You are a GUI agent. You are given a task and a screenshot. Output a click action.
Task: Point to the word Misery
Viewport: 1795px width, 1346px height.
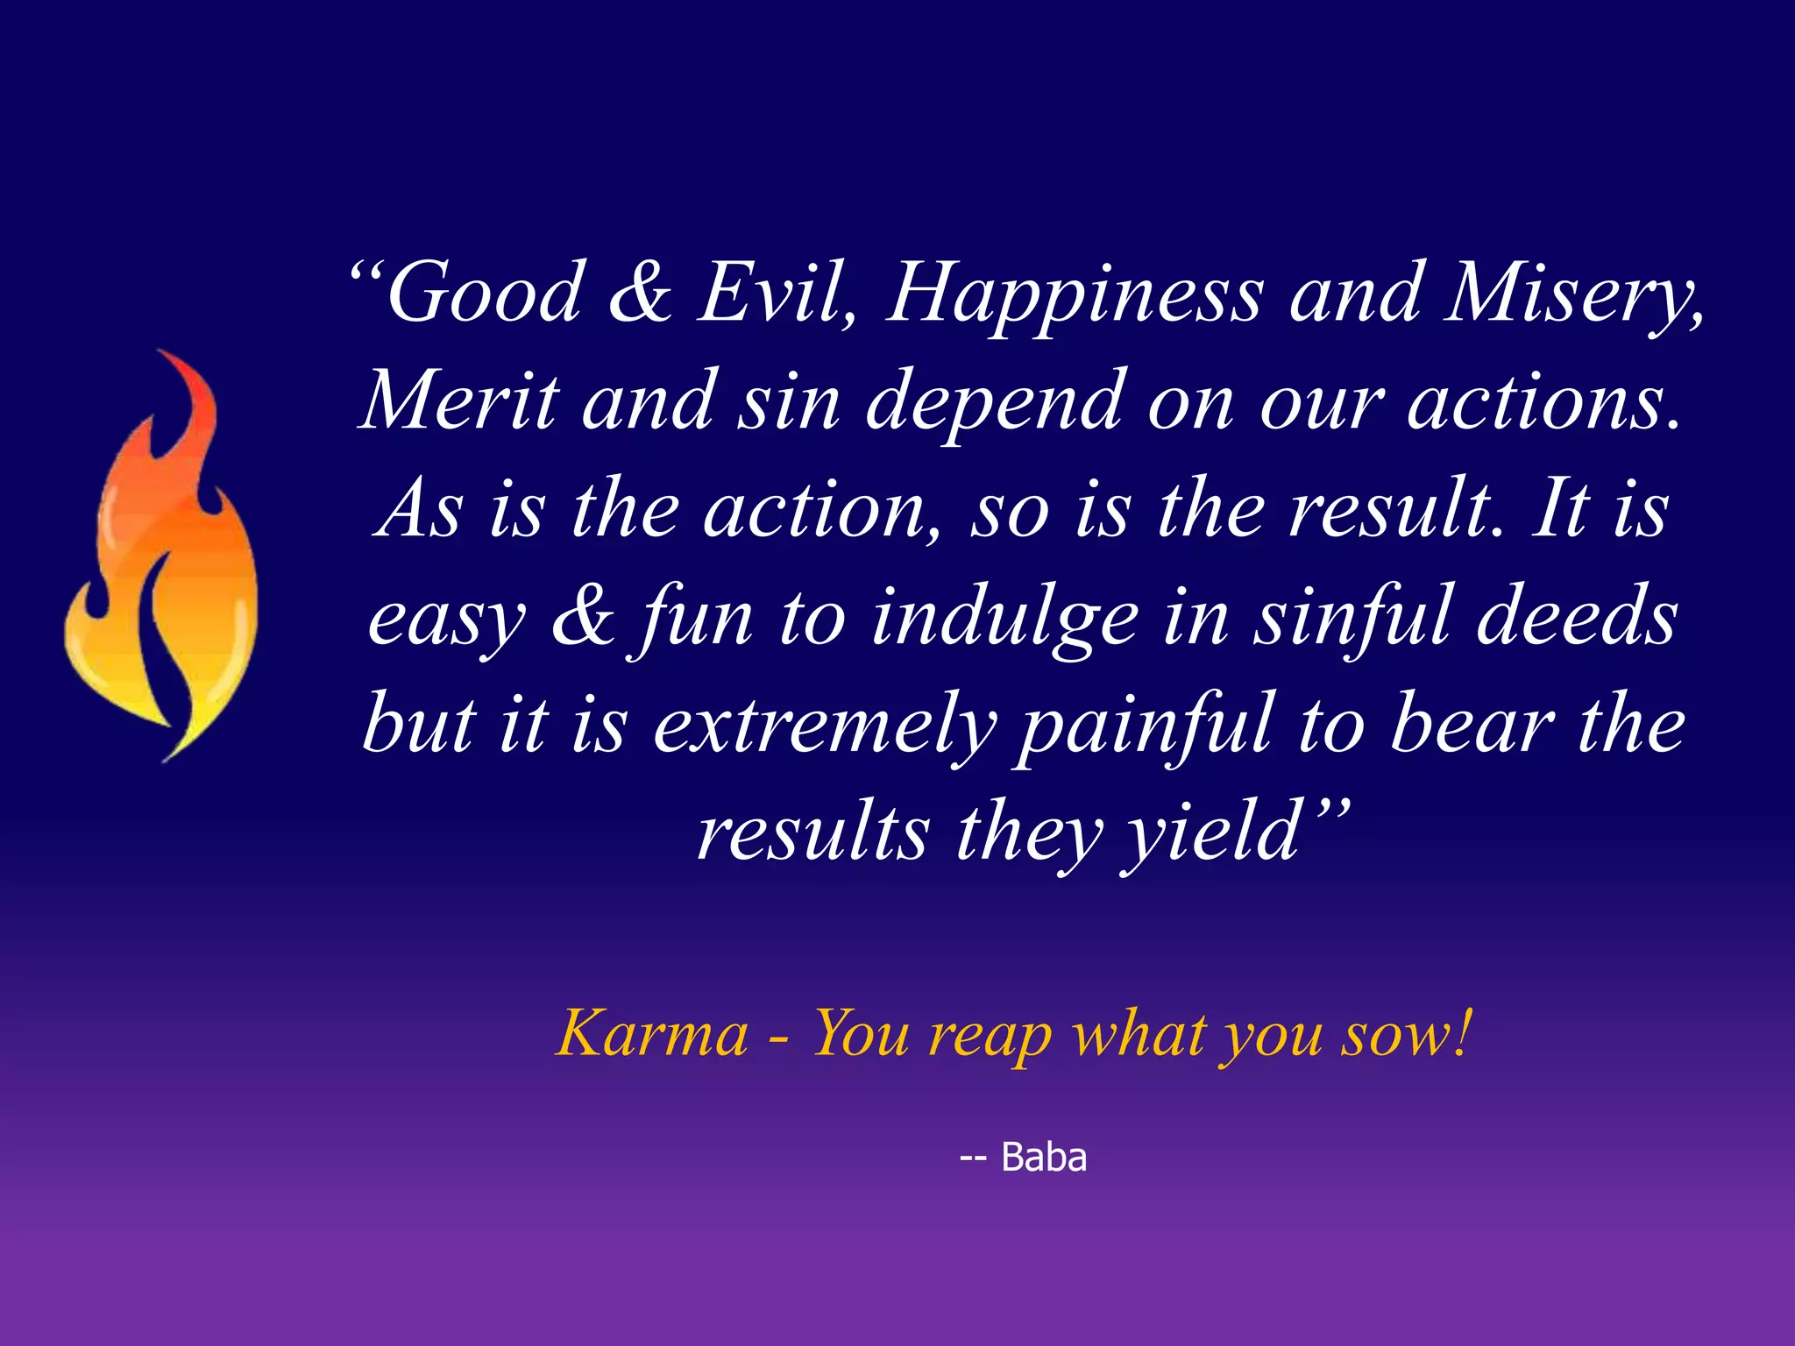tap(1572, 294)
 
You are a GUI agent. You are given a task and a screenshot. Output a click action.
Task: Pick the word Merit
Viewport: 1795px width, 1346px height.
tap(459, 401)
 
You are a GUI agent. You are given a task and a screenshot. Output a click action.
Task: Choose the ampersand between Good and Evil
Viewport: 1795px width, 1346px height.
tap(640, 293)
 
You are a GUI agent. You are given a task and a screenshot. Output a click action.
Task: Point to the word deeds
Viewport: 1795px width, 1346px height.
tap(1577, 617)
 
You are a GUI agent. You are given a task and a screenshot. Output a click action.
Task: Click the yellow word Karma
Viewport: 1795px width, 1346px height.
tap(652, 1034)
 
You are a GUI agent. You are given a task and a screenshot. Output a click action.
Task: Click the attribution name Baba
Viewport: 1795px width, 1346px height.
tap(1043, 1158)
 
